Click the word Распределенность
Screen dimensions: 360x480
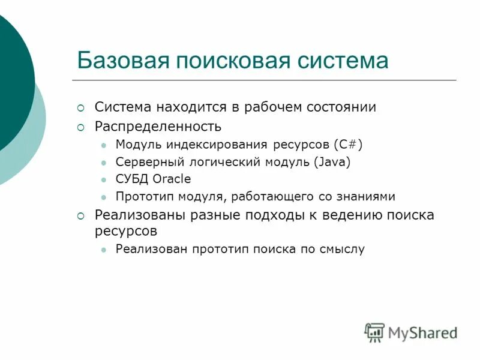point(158,127)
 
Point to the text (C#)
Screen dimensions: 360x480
point(347,145)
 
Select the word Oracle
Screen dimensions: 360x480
point(172,179)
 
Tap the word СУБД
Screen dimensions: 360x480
point(133,179)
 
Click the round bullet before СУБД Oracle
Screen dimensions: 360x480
point(104,179)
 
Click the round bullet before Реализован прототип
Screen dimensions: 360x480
point(104,249)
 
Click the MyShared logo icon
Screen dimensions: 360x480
point(374,332)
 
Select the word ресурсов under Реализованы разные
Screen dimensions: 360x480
point(126,230)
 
